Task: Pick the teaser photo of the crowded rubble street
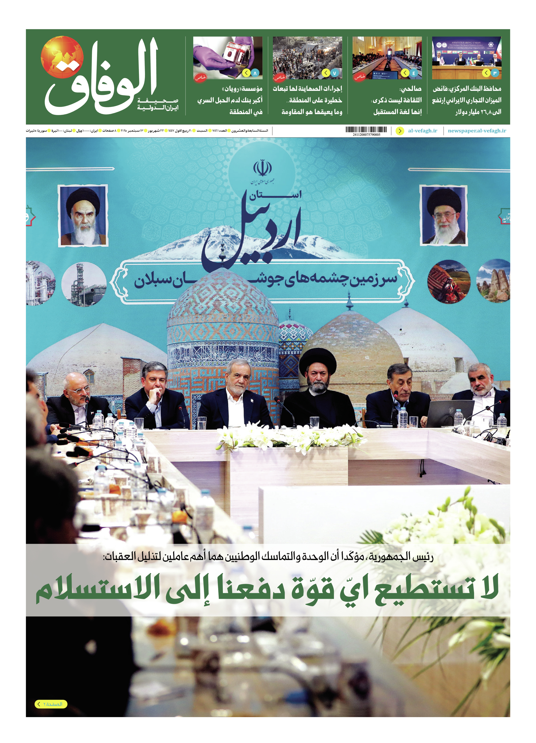(307, 58)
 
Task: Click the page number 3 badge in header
(495, 73)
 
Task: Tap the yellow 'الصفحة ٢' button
(51, 704)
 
